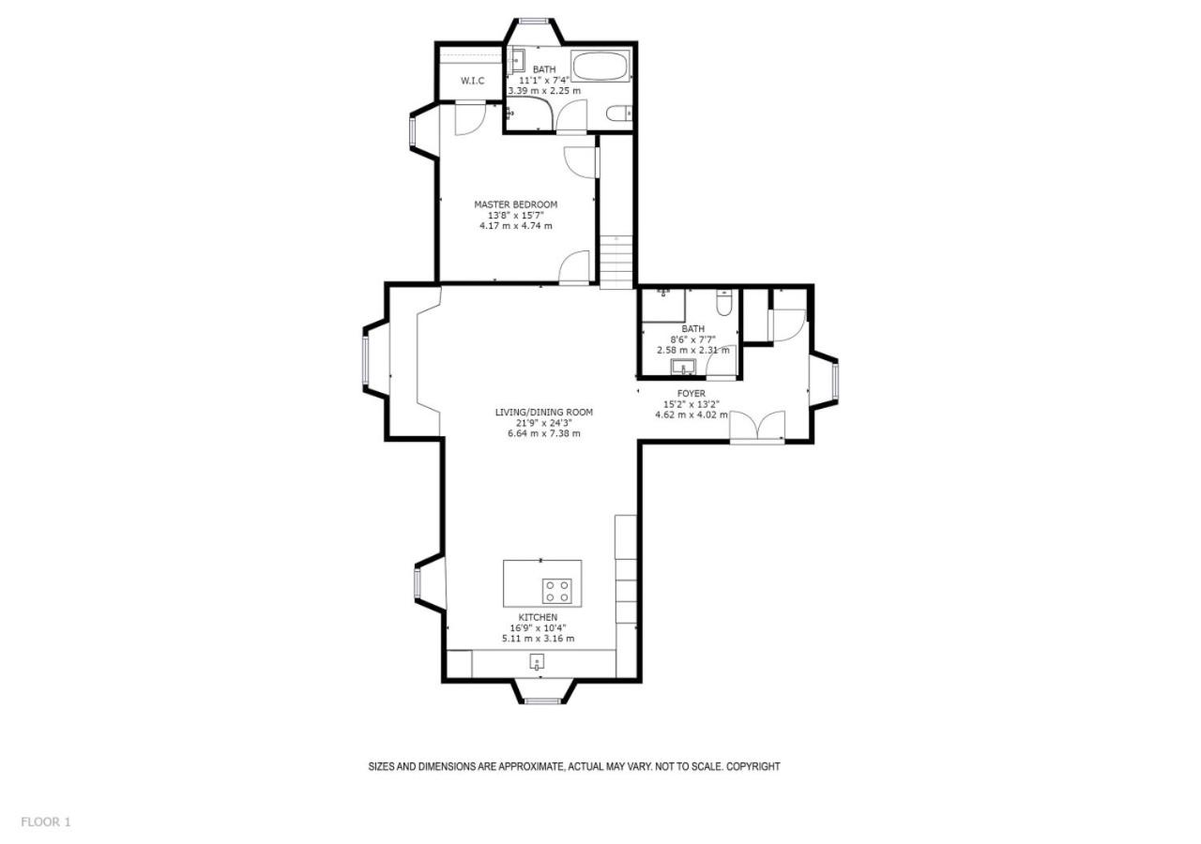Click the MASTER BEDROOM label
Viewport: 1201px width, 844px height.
point(516,204)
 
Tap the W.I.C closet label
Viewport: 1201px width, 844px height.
point(472,81)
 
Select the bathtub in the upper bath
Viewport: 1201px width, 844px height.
point(600,67)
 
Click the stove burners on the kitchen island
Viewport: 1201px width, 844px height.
point(556,591)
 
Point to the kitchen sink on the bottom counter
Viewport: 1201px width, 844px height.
point(538,662)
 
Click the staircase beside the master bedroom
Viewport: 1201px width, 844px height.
point(616,262)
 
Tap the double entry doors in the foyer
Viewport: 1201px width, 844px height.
point(757,427)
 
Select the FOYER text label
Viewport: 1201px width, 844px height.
point(692,393)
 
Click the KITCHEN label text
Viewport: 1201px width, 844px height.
point(538,617)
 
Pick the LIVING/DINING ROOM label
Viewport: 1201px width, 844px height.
point(543,412)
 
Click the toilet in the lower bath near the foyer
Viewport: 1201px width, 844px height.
point(724,302)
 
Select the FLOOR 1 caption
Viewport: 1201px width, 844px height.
point(46,822)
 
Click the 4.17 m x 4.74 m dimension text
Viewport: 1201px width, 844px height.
point(516,226)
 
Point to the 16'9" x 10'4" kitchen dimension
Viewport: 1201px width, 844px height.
point(538,628)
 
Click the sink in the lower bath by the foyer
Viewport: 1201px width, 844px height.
point(683,368)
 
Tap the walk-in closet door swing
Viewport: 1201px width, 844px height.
point(470,118)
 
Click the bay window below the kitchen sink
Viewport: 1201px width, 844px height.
point(542,700)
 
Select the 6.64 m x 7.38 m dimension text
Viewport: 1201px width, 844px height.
point(543,433)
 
